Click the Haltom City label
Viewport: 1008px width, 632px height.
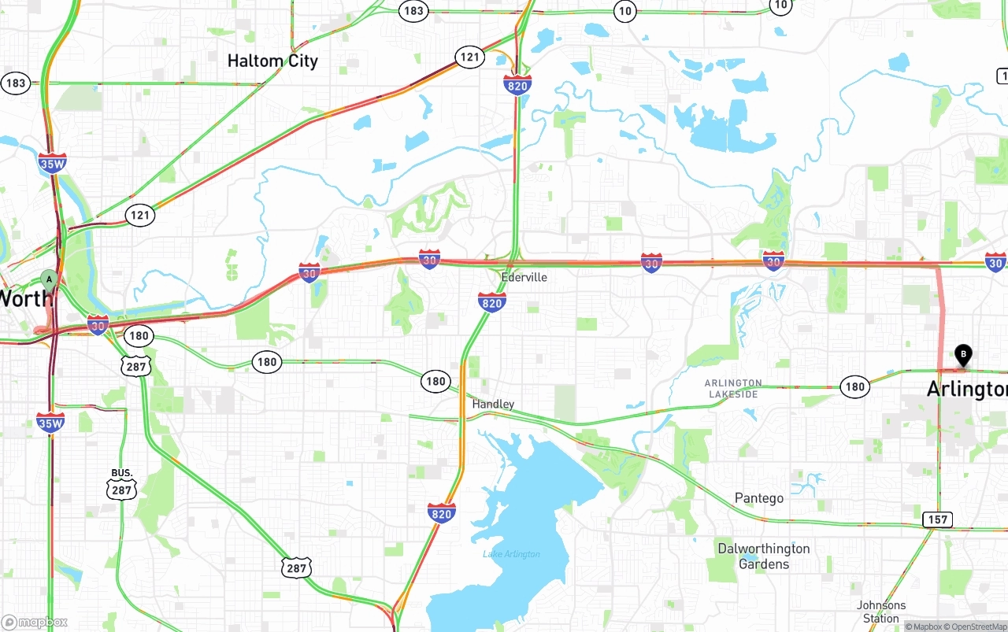click(272, 61)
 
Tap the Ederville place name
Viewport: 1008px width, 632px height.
click(524, 277)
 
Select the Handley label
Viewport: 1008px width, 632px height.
click(493, 404)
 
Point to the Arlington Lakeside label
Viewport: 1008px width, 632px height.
click(733, 388)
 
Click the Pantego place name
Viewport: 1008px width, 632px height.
click(758, 498)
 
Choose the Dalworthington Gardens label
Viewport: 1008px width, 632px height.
click(763, 556)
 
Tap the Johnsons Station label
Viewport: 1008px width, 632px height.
click(881, 612)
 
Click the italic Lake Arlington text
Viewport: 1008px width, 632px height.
click(511, 554)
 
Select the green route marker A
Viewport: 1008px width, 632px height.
click(49, 279)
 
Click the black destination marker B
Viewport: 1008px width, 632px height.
click(963, 355)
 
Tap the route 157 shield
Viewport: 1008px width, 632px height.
click(938, 519)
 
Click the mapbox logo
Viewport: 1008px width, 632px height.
click(35, 623)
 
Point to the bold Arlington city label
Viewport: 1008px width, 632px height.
click(966, 389)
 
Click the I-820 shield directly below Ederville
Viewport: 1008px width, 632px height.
click(491, 301)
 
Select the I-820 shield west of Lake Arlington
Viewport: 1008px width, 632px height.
click(441, 513)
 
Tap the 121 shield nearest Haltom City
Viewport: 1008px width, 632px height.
click(469, 57)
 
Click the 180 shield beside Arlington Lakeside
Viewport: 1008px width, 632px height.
click(854, 386)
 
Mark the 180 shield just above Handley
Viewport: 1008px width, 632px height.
click(435, 381)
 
